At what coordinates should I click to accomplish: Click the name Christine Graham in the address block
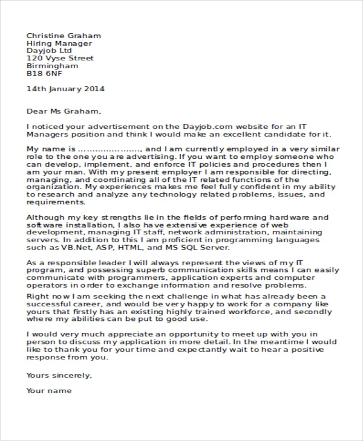(x=64, y=36)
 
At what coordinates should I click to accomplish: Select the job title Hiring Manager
(x=59, y=43)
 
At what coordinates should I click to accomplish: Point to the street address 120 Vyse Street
(x=60, y=59)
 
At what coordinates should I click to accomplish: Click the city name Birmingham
(x=52, y=66)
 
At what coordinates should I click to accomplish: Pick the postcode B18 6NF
(x=44, y=74)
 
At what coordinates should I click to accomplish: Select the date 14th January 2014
(x=65, y=89)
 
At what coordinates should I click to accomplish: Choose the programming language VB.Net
(x=75, y=248)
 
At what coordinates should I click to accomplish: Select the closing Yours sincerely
(x=59, y=375)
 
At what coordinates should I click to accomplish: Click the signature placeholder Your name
(x=49, y=391)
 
